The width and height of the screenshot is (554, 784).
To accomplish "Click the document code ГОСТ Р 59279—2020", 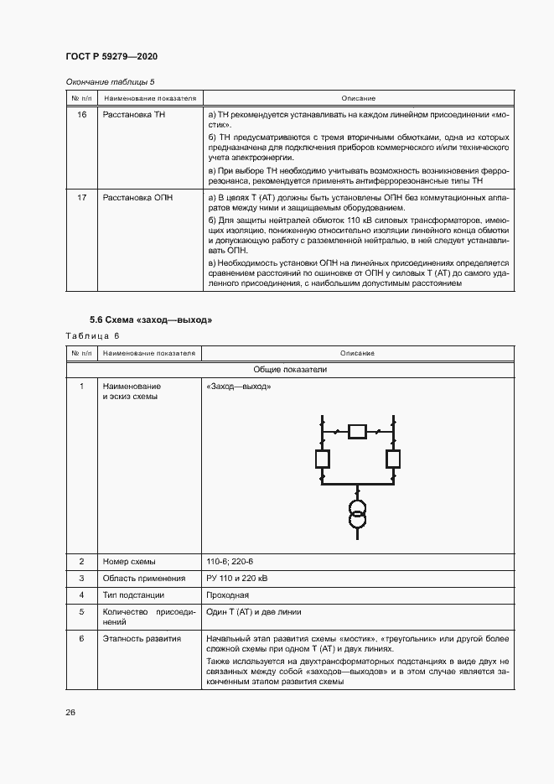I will point(111,56).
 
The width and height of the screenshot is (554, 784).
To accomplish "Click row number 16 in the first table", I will point(81,114).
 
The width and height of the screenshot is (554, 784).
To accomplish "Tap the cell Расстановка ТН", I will point(134,114).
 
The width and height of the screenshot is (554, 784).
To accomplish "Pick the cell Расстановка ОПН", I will point(137,197).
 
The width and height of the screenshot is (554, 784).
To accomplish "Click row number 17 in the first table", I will point(81,197).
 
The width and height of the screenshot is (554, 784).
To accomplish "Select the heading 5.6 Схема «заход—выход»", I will point(151,320).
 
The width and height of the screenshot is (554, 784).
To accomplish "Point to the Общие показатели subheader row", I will point(290,369).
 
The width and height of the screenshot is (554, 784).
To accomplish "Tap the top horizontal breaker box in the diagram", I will point(357,432).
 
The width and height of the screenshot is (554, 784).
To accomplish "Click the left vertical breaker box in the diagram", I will point(322,459).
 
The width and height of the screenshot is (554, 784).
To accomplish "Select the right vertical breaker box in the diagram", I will point(392,459).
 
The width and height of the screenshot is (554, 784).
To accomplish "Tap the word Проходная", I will point(227,596).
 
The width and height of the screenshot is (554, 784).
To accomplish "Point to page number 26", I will point(70,712).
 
